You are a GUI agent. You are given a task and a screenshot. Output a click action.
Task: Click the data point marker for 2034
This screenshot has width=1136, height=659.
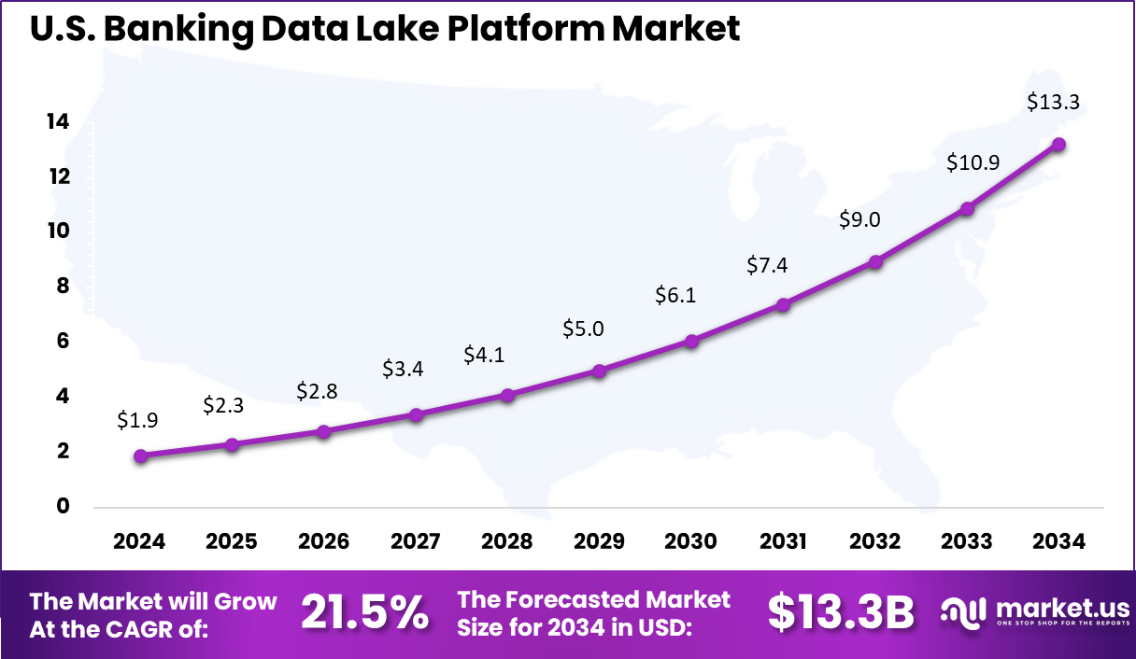(1058, 145)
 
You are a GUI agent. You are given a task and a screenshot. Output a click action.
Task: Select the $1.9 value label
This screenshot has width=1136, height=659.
(137, 421)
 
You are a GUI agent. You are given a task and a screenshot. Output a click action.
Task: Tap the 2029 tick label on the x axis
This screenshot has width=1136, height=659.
(599, 542)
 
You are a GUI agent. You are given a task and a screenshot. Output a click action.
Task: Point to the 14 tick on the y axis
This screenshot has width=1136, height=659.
(58, 122)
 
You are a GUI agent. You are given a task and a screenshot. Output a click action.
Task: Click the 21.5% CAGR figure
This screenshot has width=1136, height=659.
(365, 613)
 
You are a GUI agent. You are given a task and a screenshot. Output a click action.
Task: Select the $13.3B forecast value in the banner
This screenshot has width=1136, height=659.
(840, 613)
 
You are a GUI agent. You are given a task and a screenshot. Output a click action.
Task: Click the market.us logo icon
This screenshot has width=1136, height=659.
(962, 613)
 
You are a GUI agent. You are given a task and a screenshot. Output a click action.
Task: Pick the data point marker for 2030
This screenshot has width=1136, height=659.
(691, 342)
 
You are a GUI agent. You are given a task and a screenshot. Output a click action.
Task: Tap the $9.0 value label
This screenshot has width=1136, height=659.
(859, 220)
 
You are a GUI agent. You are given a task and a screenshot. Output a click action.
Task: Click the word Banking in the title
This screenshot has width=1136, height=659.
(177, 29)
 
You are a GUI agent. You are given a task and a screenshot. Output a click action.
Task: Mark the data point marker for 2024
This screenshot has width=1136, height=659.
(141, 456)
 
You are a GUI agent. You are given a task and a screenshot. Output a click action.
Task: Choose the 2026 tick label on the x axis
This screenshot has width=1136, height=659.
(323, 542)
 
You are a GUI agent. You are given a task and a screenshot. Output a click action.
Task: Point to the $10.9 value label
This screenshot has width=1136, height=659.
(973, 162)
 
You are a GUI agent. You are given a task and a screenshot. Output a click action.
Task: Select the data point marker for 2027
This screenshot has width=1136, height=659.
(417, 414)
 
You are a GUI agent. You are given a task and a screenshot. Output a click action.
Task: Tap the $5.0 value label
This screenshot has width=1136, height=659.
(583, 329)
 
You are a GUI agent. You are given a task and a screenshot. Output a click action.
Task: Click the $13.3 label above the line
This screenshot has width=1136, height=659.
(1053, 103)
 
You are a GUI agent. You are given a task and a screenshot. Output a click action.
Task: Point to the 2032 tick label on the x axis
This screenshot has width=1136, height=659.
(875, 542)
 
